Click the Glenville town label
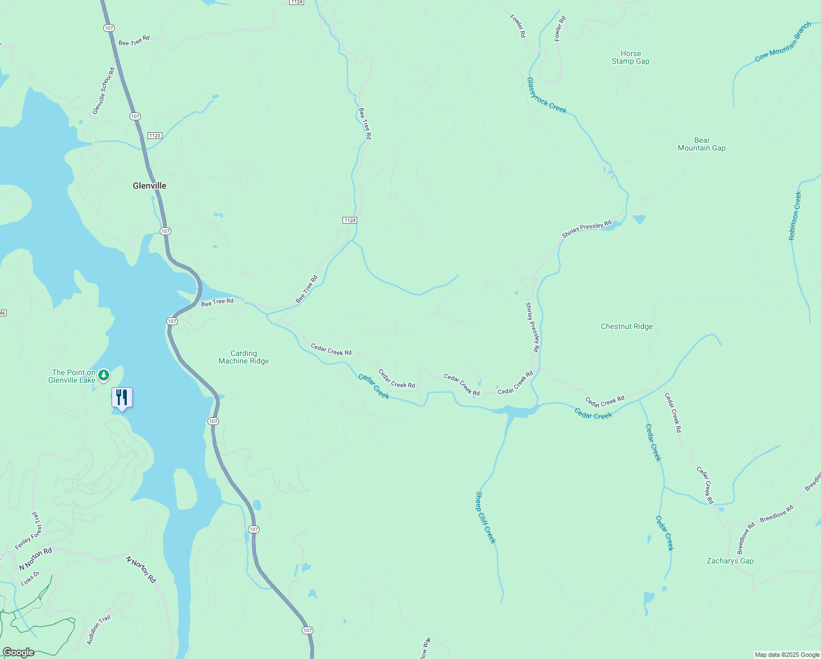(149, 186)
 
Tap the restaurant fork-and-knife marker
(122, 398)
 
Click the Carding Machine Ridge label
(244, 357)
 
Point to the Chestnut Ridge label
(627, 326)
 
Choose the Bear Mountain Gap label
(701, 144)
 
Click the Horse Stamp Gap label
(631, 58)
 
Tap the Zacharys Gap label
(730, 561)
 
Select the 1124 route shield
(350, 220)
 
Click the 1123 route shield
(154, 136)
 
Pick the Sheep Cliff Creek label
(486, 517)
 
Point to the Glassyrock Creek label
(547, 96)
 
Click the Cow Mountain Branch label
(783, 42)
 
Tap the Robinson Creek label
(795, 216)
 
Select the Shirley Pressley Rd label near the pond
(586, 230)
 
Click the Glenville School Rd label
(104, 91)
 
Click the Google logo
(18, 652)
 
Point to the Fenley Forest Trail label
(29, 531)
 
